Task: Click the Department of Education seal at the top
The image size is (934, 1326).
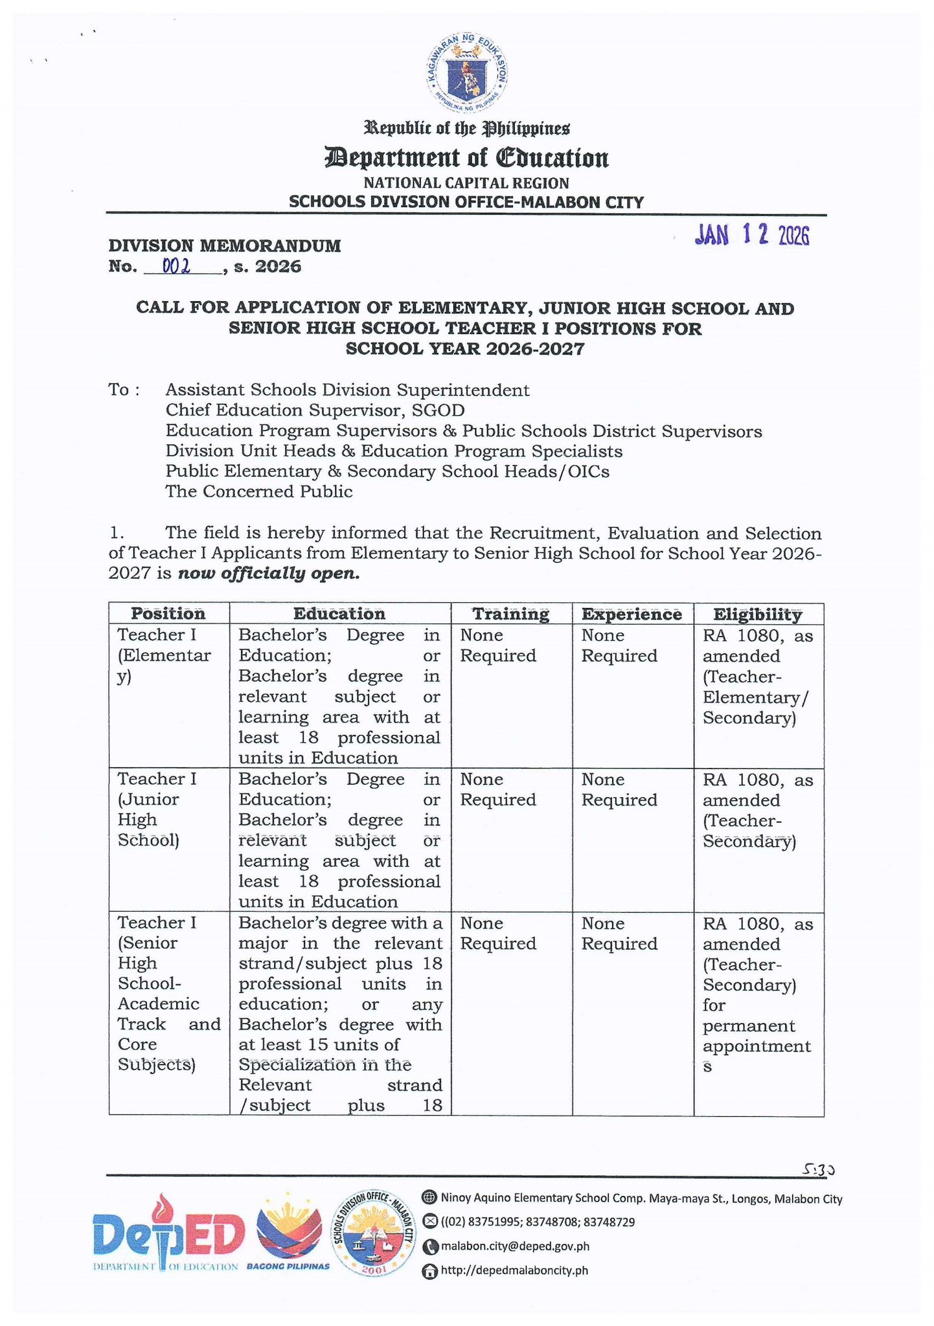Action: tap(467, 72)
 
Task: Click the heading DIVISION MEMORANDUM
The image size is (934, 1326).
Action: tap(224, 245)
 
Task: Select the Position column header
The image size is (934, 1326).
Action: tap(168, 613)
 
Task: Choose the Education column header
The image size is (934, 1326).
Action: tap(339, 613)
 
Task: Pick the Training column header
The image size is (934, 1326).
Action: tap(510, 613)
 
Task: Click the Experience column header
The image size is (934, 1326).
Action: tap(632, 613)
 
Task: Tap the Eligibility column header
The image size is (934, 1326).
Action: tap(757, 613)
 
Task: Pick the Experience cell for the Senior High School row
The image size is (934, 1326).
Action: tap(619, 933)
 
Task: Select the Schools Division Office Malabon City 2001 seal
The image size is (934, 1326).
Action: tap(373, 1233)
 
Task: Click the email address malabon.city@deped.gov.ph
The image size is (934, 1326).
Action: tap(514, 1246)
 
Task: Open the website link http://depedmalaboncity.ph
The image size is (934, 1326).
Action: tap(514, 1270)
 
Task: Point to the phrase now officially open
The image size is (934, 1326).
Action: tap(268, 574)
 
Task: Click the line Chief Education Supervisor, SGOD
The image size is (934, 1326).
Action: tap(315, 410)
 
